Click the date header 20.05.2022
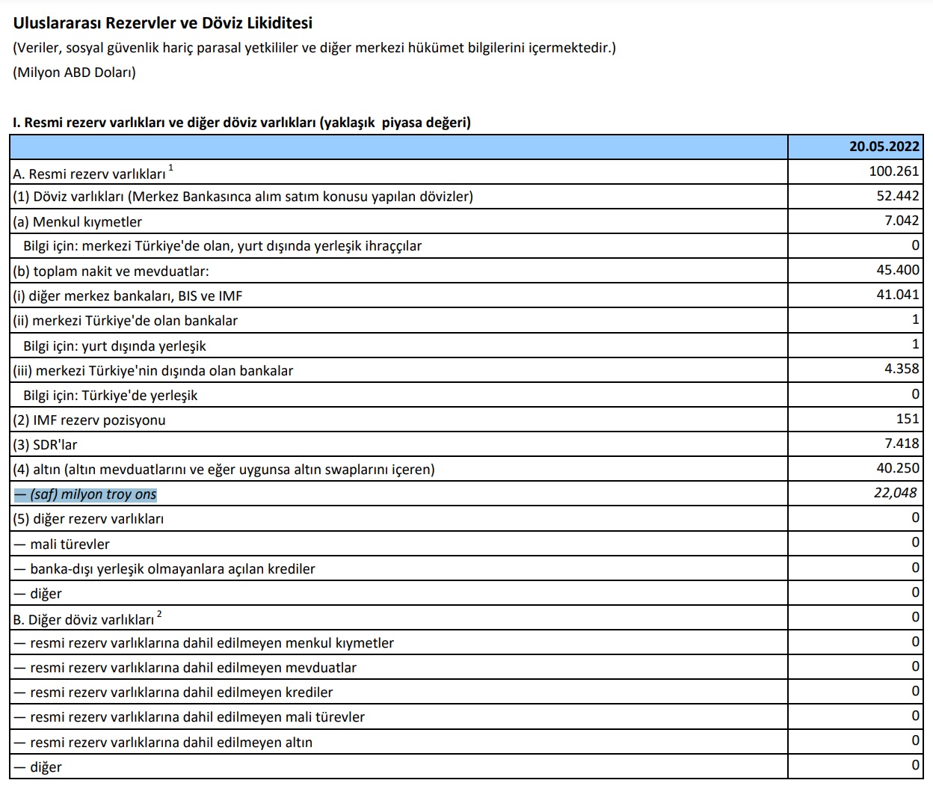[884, 147]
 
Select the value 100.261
[893, 171]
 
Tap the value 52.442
[897, 196]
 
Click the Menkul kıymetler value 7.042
[901, 221]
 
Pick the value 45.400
[897, 270]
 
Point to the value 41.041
[897, 295]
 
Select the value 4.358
[901, 369]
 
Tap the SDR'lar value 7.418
[901, 443]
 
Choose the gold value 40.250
[897, 468]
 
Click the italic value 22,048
[895, 493]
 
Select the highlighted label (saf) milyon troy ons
[85, 494]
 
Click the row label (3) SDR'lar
[45, 445]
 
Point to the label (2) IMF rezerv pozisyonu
[89, 420]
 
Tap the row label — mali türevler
[62, 544]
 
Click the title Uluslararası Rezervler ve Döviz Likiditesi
[162, 23]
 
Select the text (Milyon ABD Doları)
[74, 73]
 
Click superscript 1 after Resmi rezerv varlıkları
[171, 168]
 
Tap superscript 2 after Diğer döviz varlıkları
[159, 614]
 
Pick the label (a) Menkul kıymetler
[77, 222]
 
